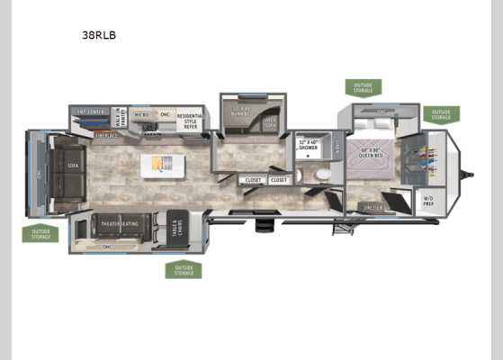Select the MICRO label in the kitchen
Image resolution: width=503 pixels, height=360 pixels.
tap(141, 115)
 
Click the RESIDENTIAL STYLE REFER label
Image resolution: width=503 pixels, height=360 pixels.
tap(190, 120)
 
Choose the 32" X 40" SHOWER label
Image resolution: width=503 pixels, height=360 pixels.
tap(309, 144)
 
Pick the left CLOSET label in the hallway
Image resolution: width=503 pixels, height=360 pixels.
tap(253, 180)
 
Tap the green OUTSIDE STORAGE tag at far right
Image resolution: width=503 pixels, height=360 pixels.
tap(440, 114)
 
